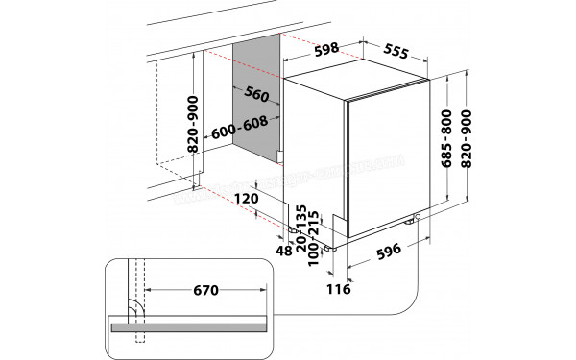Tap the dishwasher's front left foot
click(x=332, y=245)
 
